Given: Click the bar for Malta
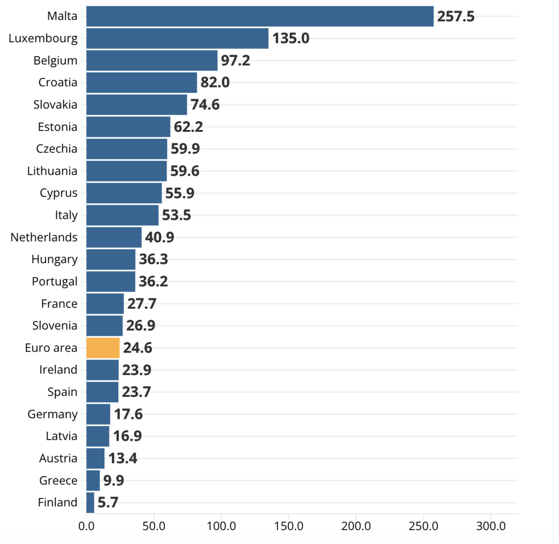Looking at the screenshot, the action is pyautogui.click(x=259, y=16).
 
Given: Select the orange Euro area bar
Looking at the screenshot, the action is pyautogui.click(x=103, y=348).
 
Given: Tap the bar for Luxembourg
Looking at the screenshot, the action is pyautogui.click(x=177, y=39).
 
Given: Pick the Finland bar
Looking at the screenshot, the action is pyautogui.click(x=90, y=503).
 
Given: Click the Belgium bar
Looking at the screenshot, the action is pyautogui.click(x=152, y=61).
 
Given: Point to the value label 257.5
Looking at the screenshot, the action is pyautogui.click(x=456, y=16).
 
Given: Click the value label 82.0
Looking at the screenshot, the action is pyautogui.click(x=215, y=82).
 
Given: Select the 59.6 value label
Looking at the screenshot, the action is pyautogui.click(x=185, y=171).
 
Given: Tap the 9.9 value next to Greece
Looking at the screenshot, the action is pyautogui.click(x=114, y=480).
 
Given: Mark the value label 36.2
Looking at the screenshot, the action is pyautogui.click(x=153, y=281).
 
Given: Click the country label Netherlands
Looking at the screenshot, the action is pyautogui.click(x=44, y=237).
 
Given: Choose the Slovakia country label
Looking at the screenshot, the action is pyautogui.click(x=55, y=104).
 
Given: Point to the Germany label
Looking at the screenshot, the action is pyautogui.click(x=53, y=414).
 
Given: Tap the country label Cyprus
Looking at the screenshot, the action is pyautogui.click(x=59, y=193).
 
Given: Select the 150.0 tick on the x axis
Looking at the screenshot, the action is pyautogui.click(x=288, y=526).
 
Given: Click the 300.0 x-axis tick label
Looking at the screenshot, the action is pyautogui.click(x=491, y=526).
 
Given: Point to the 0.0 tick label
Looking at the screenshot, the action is pyautogui.click(x=86, y=526).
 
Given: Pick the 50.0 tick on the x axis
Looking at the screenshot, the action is pyautogui.click(x=154, y=526).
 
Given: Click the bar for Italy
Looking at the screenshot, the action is pyautogui.click(x=123, y=215).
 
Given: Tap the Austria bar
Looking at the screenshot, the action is pyautogui.click(x=95, y=458).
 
